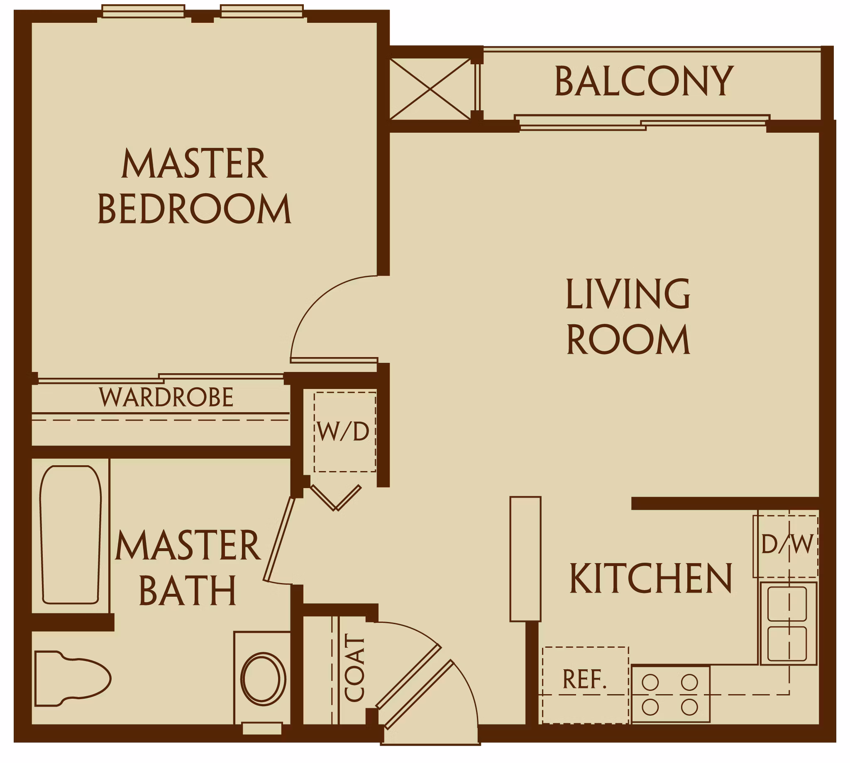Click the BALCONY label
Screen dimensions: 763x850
pyautogui.click(x=644, y=81)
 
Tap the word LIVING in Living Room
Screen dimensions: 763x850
pyautogui.click(x=628, y=294)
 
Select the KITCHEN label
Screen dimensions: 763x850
pyautogui.click(x=650, y=578)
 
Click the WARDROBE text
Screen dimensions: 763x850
pyautogui.click(x=166, y=397)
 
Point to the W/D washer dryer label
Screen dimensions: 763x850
pyautogui.click(x=343, y=432)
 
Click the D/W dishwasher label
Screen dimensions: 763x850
pyautogui.click(x=787, y=544)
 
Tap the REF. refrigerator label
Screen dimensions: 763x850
pyautogui.click(x=584, y=679)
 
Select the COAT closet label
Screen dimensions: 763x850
pyautogui.click(x=355, y=667)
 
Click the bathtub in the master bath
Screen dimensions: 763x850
pyautogui.click(x=71, y=535)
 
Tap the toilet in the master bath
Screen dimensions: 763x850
pyautogui.click(x=71, y=679)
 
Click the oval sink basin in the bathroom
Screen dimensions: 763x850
pyautogui.click(x=263, y=678)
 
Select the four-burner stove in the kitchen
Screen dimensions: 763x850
pyautogui.click(x=670, y=695)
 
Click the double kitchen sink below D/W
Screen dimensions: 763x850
pyautogui.click(x=787, y=623)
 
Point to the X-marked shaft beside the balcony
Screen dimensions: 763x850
pyautogui.click(x=430, y=89)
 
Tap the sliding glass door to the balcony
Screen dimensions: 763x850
pyautogui.click(x=642, y=123)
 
